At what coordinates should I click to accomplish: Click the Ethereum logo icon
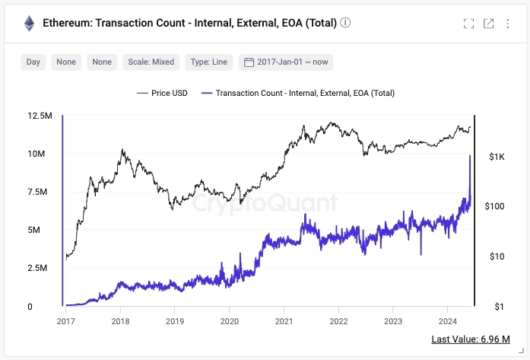coord(30,23)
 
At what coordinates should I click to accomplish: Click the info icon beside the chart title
coord(346,23)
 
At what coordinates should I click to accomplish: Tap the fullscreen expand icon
coord(469,24)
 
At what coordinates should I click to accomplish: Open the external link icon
coord(489,24)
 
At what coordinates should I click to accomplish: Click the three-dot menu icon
coord(508,24)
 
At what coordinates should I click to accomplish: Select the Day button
coord(33,62)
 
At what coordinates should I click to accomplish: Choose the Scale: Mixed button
coord(151,62)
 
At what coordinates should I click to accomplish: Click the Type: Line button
coord(208,62)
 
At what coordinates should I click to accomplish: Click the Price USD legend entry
coord(162,93)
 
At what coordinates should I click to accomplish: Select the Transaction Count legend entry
coord(297,93)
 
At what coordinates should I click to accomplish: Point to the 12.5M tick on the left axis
coord(40,116)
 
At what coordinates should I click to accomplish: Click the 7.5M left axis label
coord(40,192)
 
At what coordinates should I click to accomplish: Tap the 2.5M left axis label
coord(40,269)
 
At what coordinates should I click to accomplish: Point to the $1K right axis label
coord(497,157)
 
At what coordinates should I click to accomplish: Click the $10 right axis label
coord(497,256)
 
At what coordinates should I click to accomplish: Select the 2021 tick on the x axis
coord(284,322)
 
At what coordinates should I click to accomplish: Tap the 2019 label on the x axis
coord(175,322)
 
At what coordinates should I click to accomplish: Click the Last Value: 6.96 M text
coord(470,339)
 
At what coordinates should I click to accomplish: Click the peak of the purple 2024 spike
coord(470,155)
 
